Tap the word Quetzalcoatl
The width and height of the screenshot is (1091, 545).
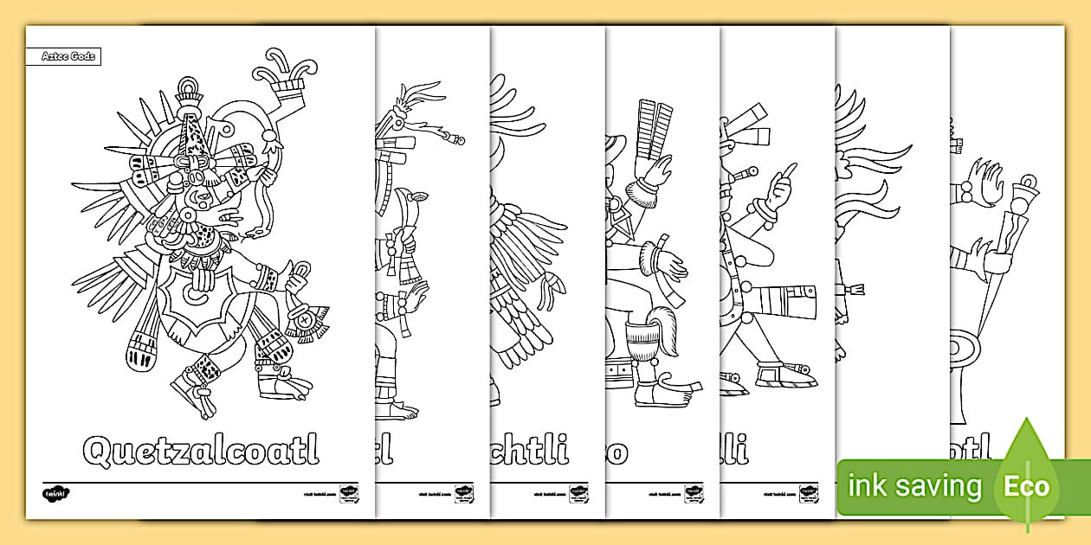pos(200,449)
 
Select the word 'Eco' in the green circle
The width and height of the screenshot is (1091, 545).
pos(1026,486)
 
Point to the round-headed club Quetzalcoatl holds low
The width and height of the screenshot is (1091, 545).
pos(140,351)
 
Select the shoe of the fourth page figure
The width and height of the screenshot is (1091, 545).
pos(663,393)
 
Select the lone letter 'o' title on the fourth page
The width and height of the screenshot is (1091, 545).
pos(617,452)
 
